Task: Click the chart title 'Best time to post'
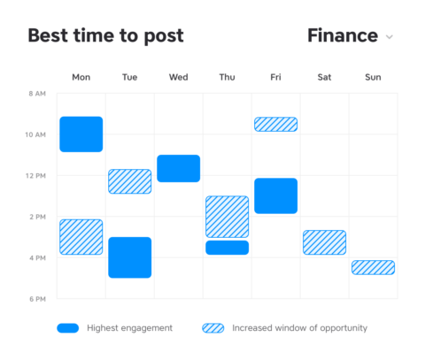click(x=105, y=36)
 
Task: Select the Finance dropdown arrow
click(x=389, y=37)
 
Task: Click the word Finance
click(x=342, y=36)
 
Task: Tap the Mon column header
click(x=81, y=78)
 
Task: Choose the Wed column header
click(x=178, y=78)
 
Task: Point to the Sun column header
click(x=373, y=78)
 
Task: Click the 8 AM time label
click(x=36, y=93)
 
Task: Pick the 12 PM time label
click(x=36, y=175)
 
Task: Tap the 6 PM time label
click(x=36, y=299)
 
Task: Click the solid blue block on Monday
click(x=81, y=134)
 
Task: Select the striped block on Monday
click(x=81, y=237)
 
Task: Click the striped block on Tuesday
click(x=130, y=181)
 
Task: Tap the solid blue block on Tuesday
click(x=130, y=257)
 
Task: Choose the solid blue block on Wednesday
click(x=179, y=168)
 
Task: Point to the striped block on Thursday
click(x=228, y=216)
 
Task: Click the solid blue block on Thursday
click(x=228, y=248)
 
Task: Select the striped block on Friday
click(x=276, y=125)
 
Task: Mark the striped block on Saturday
click(x=324, y=242)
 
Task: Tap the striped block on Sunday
click(x=373, y=267)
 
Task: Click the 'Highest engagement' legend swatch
click(x=68, y=328)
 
